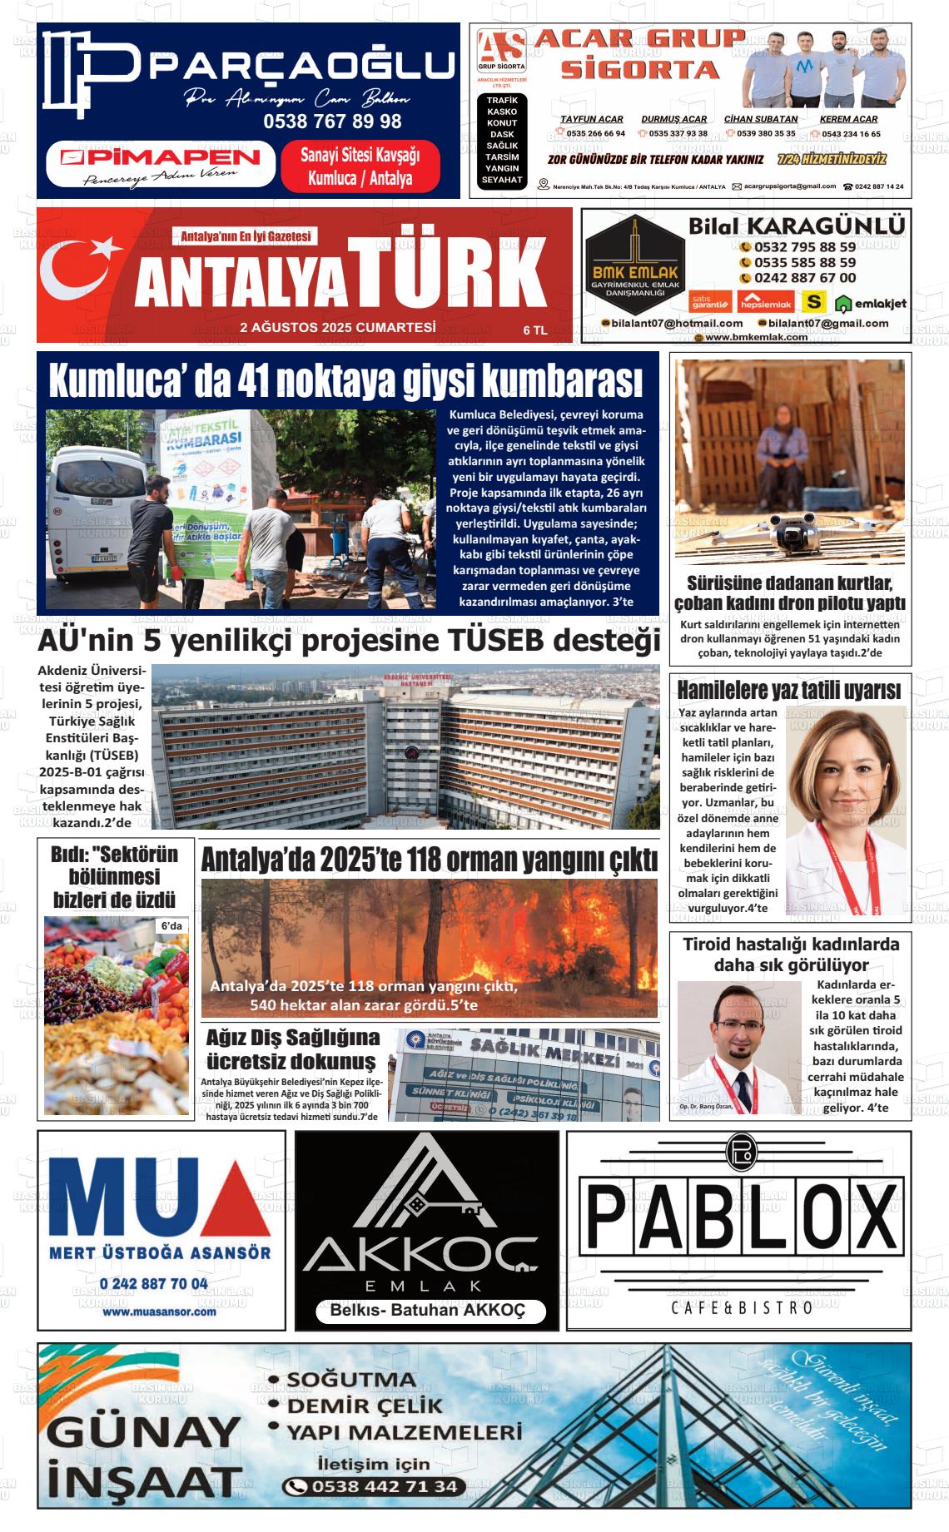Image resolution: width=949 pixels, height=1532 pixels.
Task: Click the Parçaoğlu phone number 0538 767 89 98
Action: pyautogui.click(x=332, y=121)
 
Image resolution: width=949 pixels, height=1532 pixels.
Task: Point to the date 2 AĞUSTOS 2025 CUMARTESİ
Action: pyautogui.click(x=337, y=328)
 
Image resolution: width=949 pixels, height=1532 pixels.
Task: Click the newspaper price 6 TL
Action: pyautogui.click(x=535, y=330)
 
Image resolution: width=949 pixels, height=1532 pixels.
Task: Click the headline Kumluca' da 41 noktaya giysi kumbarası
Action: pyautogui.click(x=346, y=380)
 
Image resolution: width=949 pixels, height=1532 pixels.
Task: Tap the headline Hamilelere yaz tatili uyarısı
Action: pyautogui.click(x=788, y=690)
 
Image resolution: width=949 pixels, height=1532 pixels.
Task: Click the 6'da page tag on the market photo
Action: pyautogui.click(x=171, y=926)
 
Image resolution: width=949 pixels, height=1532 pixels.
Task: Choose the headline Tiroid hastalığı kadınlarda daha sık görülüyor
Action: pyautogui.click(x=791, y=954)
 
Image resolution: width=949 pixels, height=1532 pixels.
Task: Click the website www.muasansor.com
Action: pyautogui.click(x=159, y=1311)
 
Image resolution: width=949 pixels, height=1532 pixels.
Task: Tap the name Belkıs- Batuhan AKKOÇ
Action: pyautogui.click(x=428, y=1311)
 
